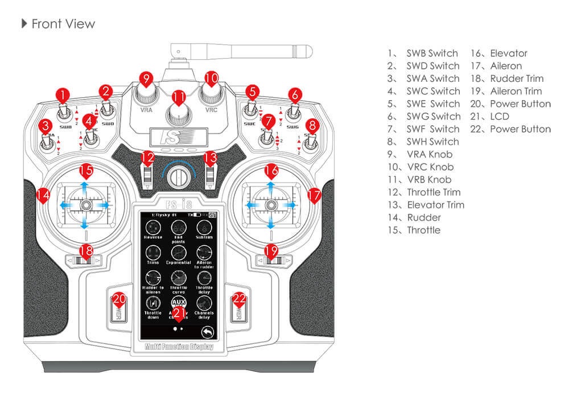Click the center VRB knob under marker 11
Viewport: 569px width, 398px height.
coord(179,116)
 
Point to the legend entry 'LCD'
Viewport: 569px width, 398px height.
coord(500,116)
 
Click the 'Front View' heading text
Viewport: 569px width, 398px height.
coord(63,24)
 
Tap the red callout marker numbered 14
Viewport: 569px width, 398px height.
coord(42,195)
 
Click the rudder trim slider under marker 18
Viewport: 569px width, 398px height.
coord(85,261)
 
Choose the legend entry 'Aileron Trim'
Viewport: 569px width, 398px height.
coord(516,91)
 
